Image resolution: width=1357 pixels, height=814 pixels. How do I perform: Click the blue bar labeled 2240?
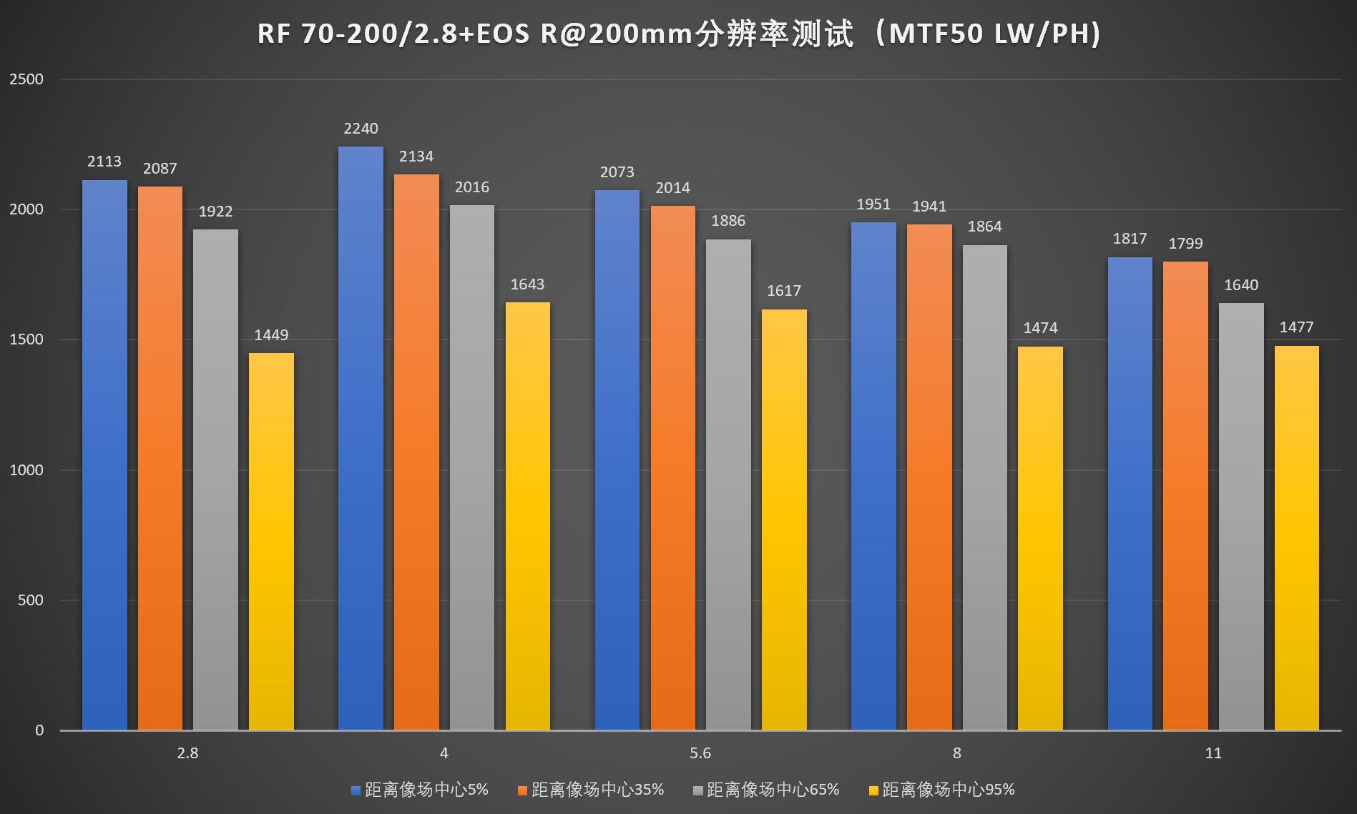click(361, 437)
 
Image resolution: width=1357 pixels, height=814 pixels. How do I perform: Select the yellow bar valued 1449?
click(271, 541)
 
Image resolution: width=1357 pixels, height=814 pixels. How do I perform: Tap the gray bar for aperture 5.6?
click(728, 485)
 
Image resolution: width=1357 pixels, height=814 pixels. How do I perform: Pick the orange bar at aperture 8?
click(929, 477)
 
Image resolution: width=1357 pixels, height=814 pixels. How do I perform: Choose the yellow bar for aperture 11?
click(1296, 537)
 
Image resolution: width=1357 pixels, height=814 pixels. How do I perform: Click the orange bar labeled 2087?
click(160, 458)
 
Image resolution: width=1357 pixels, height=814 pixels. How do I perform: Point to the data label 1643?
click(527, 284)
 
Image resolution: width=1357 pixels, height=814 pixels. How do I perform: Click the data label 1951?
click(873, 204)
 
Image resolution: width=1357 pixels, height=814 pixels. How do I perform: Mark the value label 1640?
click(1240, 285)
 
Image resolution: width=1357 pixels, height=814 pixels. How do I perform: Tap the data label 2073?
click(617, 172)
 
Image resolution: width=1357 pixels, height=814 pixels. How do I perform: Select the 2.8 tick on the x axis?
click(187, 753)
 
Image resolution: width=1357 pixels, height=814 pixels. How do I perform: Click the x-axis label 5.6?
click(700, 753)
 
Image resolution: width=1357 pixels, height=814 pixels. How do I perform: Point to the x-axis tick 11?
click(1213, 753)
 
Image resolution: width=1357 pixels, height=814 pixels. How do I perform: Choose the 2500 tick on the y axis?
click(26, 79)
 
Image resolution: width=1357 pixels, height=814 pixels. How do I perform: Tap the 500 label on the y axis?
click(31, 600)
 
